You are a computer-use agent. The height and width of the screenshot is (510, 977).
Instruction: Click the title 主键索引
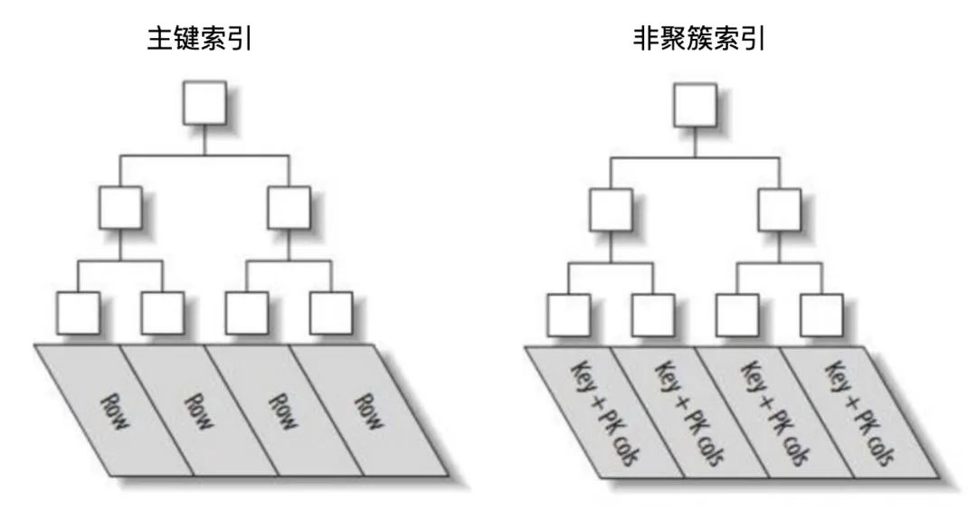point(199,39)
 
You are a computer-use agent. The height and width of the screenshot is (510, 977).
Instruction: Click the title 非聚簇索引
point(699,39)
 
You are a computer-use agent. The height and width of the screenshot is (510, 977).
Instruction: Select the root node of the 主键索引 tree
point(204,102)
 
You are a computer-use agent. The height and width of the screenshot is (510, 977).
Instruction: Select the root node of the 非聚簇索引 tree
point(696,105)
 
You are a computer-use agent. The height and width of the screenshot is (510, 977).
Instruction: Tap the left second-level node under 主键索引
point(120,207)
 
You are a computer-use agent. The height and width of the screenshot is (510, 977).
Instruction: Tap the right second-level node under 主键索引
point(289,207)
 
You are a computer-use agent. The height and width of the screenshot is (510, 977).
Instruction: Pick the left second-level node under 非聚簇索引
point(612,210)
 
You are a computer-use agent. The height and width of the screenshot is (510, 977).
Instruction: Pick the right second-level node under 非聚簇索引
point(780,210)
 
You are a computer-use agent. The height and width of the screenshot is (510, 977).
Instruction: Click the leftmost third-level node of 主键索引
point(78,313)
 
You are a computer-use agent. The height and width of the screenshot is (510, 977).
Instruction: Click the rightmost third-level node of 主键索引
point(331,313)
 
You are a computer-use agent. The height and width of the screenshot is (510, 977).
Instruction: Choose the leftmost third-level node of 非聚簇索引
point(569,315)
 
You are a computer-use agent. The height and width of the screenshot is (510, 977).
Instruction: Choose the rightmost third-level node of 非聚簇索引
point(822,315)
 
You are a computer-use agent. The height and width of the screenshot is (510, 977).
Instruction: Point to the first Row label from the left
point(114,411)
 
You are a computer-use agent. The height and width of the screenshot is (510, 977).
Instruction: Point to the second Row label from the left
point(199,411)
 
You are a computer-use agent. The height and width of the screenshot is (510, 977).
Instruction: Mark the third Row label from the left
point(283,411)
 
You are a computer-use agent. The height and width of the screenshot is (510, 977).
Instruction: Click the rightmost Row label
point(368,411)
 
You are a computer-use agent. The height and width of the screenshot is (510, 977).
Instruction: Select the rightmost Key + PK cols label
point(859,413)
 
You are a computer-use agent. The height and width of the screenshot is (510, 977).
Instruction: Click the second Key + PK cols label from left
point(689,413)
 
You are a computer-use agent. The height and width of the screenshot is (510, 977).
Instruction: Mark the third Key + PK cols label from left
point(774,413)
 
